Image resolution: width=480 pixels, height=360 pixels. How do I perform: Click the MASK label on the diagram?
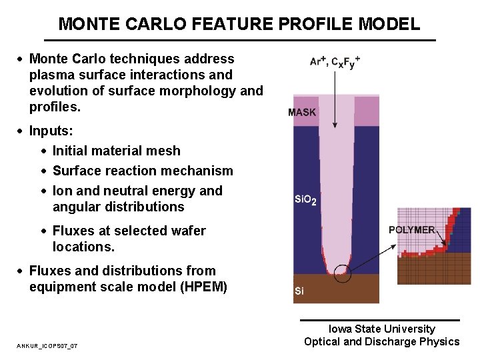tap(302, 112)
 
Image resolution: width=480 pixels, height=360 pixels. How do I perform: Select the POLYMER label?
tap(412, 230)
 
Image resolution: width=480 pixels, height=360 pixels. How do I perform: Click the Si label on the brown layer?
tap(299, 291)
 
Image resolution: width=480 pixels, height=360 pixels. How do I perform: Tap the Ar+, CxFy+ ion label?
tap(335, 61)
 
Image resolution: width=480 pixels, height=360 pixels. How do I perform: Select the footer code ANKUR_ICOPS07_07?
tap(47, 345)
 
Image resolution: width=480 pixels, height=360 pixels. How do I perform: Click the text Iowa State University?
tap(381, 329)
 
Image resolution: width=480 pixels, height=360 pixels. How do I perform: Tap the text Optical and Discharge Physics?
tap(381, 342)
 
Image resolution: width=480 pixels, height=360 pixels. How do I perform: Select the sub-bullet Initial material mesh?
tap(117, 151)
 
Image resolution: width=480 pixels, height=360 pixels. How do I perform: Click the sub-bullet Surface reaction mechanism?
tap(143, 171)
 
